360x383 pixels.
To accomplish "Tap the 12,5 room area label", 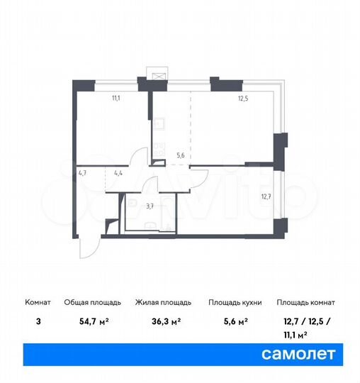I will (x=242, y=100).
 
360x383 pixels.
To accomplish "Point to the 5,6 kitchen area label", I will (x=181, y=156).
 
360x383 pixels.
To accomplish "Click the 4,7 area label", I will (x=82, y=172).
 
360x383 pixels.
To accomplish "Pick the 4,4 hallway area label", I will (x=118, y=172).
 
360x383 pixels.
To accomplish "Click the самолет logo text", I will (x=299, y=352).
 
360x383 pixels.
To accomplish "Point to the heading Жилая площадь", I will (x=159, y=302).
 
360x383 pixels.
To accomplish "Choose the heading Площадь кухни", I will (x=235, y=302).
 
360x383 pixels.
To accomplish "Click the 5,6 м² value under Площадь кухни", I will (x=235, y=321).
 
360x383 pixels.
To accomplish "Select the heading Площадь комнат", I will (x=305, y=302).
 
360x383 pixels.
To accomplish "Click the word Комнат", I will (x=35, y=302).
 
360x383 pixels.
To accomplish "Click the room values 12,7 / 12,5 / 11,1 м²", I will (x=305, y=326).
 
